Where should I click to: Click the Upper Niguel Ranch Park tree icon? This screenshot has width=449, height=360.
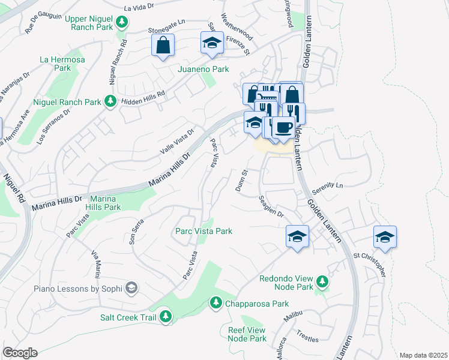[x=122, y=23]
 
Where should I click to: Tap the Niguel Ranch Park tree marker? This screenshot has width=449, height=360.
[x=110, y=102]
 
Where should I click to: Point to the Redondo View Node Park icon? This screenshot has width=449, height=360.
[x=322, y=281]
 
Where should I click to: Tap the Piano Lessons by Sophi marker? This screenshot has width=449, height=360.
[x=131, y=289]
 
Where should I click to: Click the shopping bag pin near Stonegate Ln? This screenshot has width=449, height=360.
[x=163, y=45]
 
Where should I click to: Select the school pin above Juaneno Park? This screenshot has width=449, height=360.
[x=211, y=42]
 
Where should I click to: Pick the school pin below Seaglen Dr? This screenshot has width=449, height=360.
[x=297, y=236]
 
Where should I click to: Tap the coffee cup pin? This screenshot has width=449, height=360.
[x=283, y=127]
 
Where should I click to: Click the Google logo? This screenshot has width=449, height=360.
[x=20, y=353]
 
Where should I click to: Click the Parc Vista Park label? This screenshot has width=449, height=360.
[x=203, y=231]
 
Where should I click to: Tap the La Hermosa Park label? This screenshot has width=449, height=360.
[x=55, y=63]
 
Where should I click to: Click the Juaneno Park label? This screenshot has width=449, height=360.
[x=203, y=69]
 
